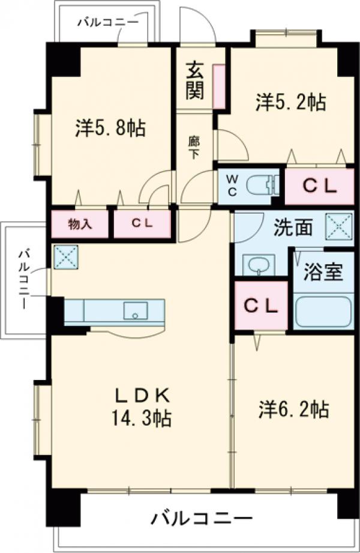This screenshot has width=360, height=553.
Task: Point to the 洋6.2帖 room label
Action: coord(293,410)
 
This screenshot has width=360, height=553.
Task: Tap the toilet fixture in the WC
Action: coord(265,183)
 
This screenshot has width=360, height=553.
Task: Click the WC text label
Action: coord(231,183)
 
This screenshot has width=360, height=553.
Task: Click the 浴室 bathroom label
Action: coord(324,272)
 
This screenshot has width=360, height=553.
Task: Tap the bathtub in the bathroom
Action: coord(323,312)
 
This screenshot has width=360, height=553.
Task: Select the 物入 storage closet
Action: coord(80,224)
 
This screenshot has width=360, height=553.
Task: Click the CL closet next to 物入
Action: coord(143,224)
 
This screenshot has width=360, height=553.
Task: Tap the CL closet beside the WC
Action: coord(319,187)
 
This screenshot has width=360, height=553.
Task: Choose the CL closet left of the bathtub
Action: coord(260,306)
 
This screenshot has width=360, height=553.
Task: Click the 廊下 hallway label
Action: coord(194,148)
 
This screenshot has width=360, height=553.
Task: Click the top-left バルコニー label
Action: coord(108,22)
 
